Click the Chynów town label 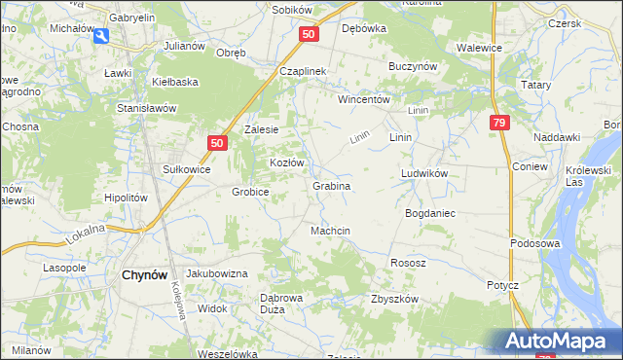pos(148,274)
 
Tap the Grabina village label pos(331,185)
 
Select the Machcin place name pos(330,230)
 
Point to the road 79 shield pos(498,123)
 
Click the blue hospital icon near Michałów pos(101,36)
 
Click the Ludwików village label pos(423,173)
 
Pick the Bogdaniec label pos(428,211)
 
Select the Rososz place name pos(408,263)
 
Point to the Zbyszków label pos(394,299)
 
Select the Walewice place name pos(479,47)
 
